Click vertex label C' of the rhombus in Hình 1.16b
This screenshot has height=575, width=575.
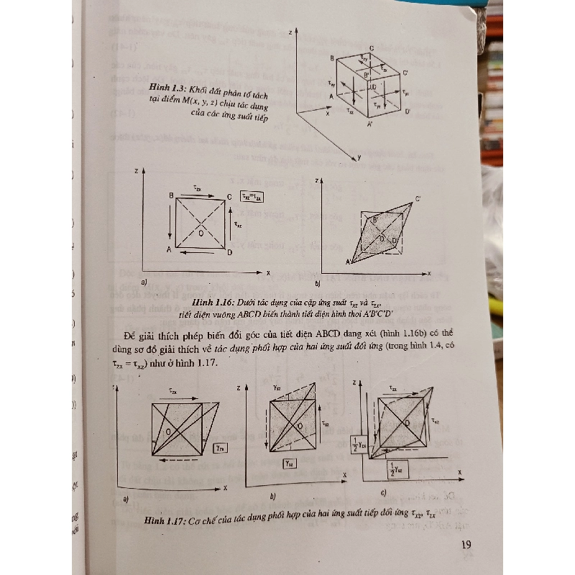(418, 198)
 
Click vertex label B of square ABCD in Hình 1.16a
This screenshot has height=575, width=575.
(170, 195)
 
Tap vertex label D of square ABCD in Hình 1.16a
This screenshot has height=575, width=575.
(230, 254)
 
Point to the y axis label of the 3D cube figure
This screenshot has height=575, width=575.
(354, 157)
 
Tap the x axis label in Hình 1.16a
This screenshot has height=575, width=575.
(267, 274)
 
